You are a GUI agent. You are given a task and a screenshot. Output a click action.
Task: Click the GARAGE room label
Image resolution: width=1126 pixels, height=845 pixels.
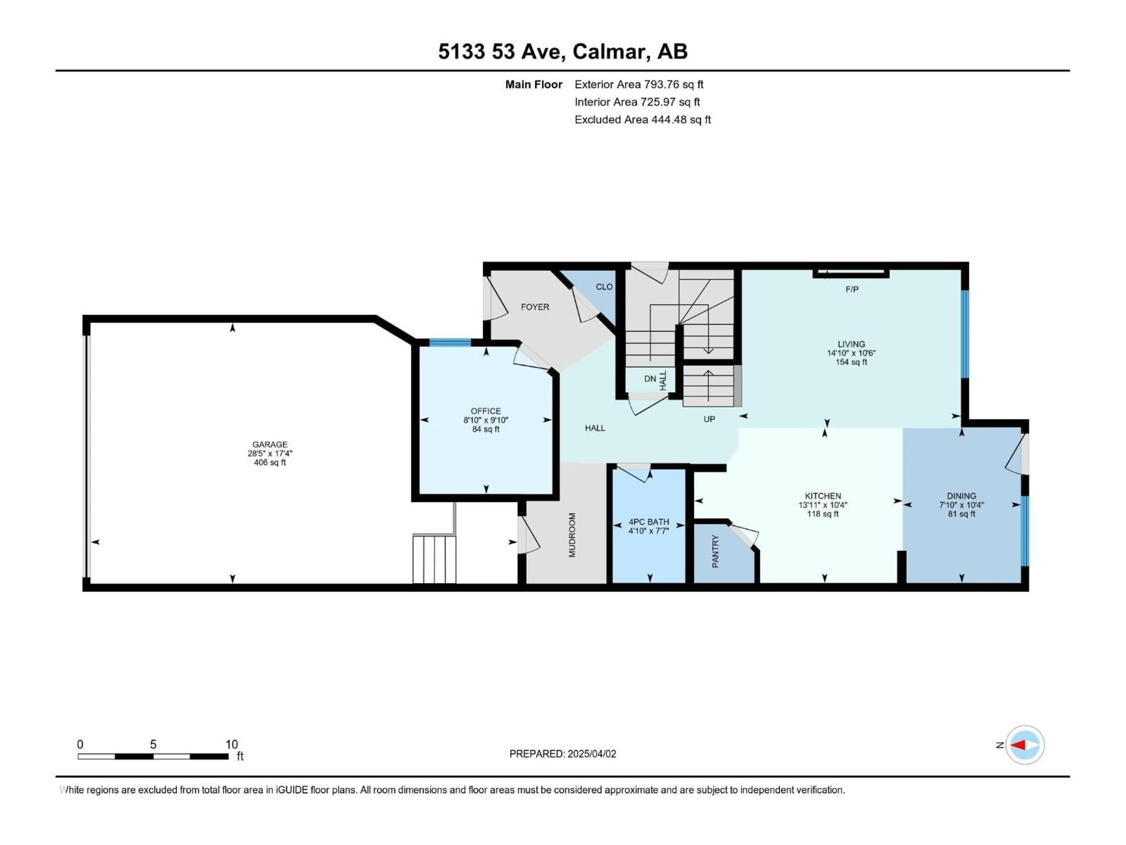click(270, 444)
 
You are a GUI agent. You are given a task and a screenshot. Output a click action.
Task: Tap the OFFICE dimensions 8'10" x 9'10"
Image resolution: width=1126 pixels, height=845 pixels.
click(486, 420)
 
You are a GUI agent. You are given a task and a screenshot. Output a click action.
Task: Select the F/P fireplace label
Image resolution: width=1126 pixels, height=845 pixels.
click(852, 289)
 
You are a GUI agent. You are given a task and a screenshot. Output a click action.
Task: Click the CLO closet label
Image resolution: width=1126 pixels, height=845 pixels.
click(604, 287)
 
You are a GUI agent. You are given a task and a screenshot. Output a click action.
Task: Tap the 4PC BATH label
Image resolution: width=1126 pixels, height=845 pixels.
click(649, 522)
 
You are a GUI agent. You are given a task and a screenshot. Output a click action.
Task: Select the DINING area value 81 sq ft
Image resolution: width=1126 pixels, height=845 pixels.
click(961, 514)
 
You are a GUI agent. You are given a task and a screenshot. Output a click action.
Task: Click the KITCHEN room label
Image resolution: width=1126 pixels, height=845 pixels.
click(823, 496)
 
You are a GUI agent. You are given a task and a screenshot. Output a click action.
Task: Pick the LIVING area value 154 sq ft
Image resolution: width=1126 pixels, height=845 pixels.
click(851, 362)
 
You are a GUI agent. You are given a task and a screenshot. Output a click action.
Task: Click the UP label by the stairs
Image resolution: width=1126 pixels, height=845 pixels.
click(709, 419)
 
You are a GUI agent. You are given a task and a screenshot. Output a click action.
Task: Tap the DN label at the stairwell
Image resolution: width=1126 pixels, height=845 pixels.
click(650, 379)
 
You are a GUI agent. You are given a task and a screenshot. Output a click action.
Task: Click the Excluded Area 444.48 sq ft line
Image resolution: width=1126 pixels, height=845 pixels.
click(642, 120)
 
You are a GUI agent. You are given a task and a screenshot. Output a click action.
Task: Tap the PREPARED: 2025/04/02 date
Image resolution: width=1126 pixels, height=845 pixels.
click(562, 754)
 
